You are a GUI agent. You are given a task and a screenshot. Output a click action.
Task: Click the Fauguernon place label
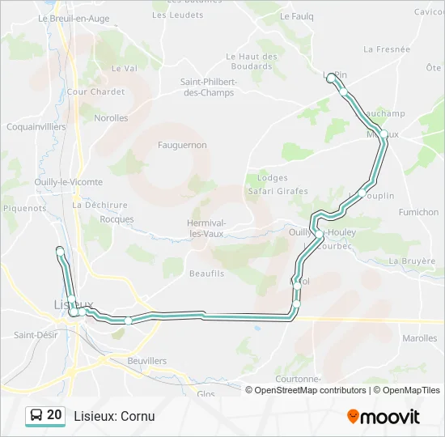pos(183,145)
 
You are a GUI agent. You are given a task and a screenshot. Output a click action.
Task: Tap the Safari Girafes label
pos(278,191)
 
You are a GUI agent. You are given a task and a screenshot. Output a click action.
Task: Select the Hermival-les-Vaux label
pos(206,228)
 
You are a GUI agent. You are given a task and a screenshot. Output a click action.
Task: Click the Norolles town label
pos(111,117)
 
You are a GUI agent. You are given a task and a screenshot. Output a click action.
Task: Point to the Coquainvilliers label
pos(36,127)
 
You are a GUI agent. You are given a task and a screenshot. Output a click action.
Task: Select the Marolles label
pos(420,338)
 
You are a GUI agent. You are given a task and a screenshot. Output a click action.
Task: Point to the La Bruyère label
pos(412,261)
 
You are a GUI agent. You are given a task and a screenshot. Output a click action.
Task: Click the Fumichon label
pos(418,212)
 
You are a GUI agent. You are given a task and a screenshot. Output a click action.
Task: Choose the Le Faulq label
pos(296,15)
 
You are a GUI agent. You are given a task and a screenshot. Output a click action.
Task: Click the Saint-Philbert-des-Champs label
pos(209,87)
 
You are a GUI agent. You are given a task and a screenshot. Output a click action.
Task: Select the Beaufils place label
pos(206,274)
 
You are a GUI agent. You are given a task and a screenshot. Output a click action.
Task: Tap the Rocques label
pos(117,219)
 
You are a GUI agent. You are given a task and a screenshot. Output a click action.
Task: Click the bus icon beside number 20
pos(36,415)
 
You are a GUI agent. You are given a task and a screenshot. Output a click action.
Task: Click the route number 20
pos(54,415)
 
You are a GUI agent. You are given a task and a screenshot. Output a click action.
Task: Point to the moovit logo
pos(384,417)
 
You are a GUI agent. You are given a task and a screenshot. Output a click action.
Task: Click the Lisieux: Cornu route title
pos(114,416)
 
